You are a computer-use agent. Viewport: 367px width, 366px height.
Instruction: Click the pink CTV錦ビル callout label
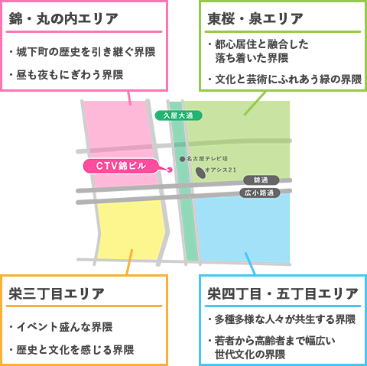point(121,166)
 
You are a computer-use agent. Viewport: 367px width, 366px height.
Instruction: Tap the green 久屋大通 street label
point(178,115)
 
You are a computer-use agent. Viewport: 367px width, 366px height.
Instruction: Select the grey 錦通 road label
point(261,180)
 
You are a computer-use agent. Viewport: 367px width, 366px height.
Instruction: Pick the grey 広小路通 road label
point(259,193)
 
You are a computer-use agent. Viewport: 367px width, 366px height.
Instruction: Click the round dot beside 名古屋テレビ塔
point(182,159)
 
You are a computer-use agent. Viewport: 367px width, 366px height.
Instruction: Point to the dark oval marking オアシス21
point(201,173)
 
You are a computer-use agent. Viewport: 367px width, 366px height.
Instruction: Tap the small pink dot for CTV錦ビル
point(170,170)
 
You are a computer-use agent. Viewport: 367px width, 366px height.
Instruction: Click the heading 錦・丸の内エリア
point(63,19)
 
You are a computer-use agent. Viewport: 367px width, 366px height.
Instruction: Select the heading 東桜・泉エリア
point(255,19)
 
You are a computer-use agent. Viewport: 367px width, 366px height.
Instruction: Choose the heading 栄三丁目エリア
point(57,293)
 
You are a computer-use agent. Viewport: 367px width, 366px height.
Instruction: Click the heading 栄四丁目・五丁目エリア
point(283,293)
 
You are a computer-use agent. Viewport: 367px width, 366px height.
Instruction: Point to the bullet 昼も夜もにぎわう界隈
point(67,75)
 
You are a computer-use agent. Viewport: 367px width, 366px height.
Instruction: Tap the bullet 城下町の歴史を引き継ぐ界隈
point(83,52)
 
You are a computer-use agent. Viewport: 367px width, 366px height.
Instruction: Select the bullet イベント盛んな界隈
point(61,327)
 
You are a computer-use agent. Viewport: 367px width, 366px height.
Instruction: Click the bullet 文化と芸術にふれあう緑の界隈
point(285,79)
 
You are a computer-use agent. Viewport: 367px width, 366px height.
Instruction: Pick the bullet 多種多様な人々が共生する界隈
point(282,319)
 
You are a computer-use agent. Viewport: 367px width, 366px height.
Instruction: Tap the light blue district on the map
point(243,229)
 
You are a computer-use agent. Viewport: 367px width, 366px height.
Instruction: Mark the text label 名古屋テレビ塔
point(207,159)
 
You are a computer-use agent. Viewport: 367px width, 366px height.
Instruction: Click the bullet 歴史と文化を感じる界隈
point(72,350)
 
